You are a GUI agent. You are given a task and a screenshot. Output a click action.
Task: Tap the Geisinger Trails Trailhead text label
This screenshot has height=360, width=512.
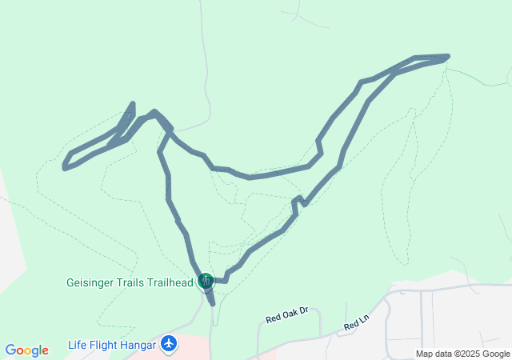(129, 282)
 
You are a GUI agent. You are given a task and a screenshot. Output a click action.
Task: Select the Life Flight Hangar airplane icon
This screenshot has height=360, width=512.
(168, 344)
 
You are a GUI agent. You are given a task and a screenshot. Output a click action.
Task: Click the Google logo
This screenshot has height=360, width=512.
(26, 350)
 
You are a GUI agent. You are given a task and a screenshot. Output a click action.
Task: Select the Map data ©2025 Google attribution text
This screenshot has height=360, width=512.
(462, 354)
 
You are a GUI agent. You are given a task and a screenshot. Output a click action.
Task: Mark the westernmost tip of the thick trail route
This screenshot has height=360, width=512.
(65, 166)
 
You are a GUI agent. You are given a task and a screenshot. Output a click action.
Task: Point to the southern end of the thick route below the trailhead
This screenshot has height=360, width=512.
(213, 304)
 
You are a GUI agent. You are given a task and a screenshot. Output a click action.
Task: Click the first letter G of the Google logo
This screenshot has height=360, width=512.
(10, 350)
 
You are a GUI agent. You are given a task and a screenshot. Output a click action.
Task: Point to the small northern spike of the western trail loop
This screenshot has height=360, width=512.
(132, 104)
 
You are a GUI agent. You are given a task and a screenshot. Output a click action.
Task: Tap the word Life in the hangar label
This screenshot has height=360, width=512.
(77, 345)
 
